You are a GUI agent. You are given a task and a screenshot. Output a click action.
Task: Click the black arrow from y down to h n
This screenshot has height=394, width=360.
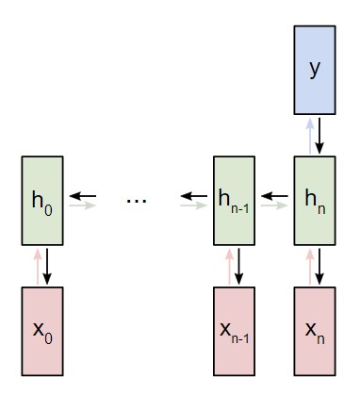(320, 137)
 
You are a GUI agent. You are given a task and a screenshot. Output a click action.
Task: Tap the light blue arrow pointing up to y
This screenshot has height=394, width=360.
(308, 137)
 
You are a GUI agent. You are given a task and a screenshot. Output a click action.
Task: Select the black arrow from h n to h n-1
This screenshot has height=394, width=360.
(274, 196)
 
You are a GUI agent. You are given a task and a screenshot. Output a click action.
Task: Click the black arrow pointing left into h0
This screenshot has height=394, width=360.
(84, 196)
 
